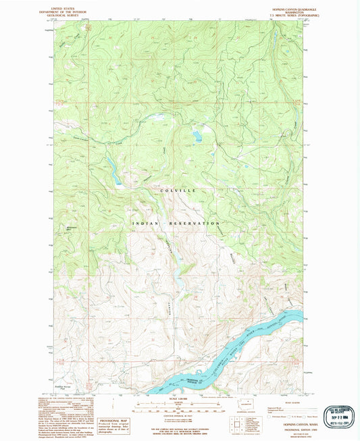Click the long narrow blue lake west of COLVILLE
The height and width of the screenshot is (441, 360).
113,172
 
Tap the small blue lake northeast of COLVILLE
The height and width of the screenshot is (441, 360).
196,136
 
